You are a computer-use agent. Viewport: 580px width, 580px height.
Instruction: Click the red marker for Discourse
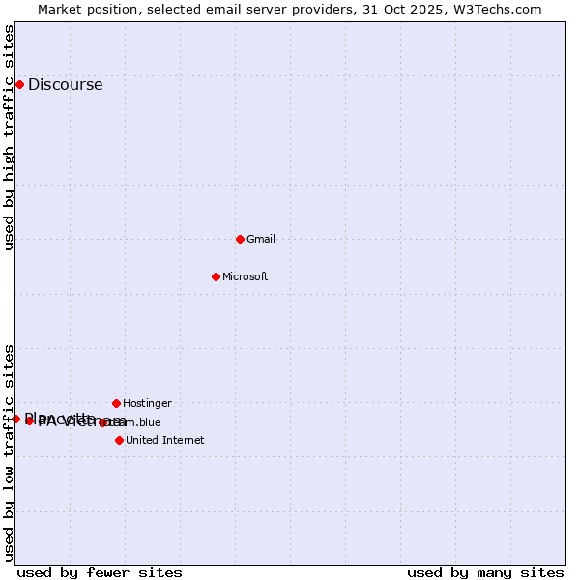[19, 85]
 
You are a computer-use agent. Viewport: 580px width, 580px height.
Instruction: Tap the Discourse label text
[65, 85]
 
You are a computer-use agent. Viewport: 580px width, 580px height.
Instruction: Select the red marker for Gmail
[240, 239]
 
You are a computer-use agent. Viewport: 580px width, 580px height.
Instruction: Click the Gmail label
[261, 239]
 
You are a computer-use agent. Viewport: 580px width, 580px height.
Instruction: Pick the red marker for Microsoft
[216, 276]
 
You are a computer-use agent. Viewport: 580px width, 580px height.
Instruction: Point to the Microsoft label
[246, 276]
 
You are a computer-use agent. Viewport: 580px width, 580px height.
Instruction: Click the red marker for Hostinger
[116, 403]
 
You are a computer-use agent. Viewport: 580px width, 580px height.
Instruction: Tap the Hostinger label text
[147, 403]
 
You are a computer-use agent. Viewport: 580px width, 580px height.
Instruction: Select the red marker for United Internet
[119, 440]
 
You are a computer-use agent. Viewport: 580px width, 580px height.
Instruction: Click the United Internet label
[165, 440]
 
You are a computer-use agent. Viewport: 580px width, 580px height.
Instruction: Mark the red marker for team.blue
[102, 422]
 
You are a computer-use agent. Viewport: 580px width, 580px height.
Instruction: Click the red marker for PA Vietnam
[30, 420]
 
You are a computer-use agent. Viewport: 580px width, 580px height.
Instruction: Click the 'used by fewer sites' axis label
[100, 572]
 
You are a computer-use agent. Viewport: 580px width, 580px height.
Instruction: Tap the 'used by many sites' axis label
[485, 572]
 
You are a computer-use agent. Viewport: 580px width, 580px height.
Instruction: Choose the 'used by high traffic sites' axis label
[9, 137]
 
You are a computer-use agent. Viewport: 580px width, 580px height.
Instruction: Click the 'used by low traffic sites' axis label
[9, 452]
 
